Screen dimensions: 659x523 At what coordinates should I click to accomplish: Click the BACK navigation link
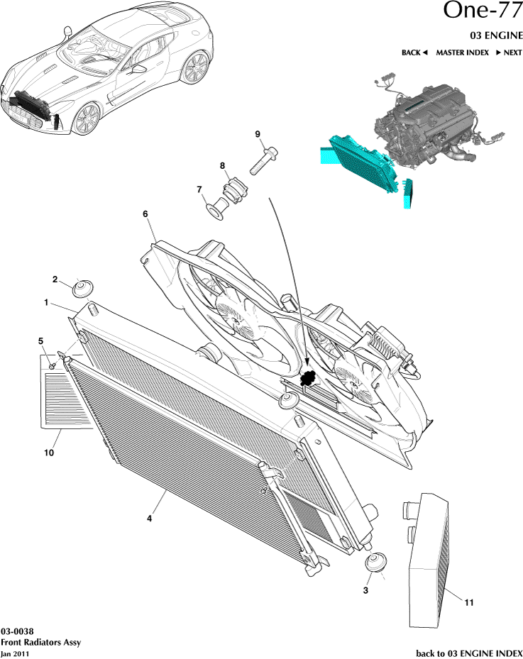point(414,52)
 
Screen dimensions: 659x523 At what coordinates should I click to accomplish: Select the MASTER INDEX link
point(462,52)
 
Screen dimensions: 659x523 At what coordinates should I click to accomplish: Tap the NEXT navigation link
point(509,52)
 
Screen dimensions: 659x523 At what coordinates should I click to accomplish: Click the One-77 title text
point(483,12)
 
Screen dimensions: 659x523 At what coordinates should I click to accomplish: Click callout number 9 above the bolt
point(258,134)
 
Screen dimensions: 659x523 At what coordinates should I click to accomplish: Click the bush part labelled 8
point(232,192)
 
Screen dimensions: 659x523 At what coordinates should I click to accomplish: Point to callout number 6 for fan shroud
point(145,214)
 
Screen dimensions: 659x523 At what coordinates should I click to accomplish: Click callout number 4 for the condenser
point(150,519)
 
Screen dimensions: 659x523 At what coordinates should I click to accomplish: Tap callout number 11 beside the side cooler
point(468,603)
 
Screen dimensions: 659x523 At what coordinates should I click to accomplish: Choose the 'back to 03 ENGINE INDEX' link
point(468,652)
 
